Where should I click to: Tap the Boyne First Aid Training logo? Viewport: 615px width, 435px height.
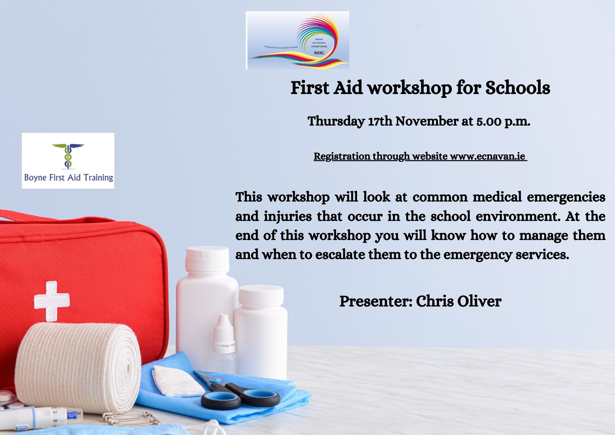pos(68,161)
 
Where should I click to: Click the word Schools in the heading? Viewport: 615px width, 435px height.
pos(518,88)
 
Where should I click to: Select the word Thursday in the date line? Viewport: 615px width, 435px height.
pos(336,121)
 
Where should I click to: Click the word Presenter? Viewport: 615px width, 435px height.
pos(375,301)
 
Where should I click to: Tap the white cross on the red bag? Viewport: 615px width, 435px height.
pos(52,301)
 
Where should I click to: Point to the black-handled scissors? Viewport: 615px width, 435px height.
pos(240,395)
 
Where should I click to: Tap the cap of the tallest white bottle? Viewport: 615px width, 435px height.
pos(207,258)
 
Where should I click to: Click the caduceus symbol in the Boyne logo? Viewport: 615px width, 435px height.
pos(68,156)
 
